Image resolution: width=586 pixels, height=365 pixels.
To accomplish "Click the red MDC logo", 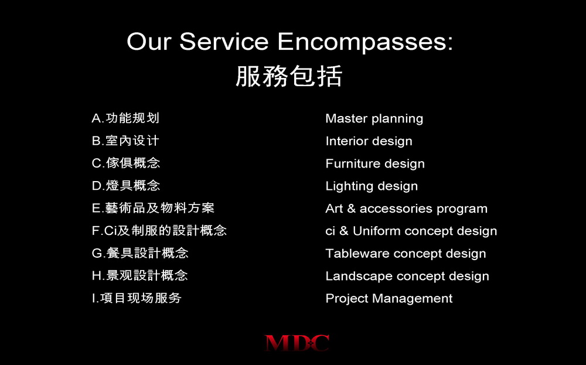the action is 297,343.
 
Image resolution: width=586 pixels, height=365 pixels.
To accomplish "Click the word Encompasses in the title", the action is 364,42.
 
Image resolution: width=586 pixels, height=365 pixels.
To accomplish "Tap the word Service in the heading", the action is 224,41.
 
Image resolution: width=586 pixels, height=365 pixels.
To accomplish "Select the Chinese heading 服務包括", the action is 289,76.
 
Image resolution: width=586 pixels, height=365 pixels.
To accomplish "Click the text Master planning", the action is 374,119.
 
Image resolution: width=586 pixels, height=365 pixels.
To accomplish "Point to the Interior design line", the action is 369,141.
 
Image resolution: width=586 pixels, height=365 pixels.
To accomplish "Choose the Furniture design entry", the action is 375,163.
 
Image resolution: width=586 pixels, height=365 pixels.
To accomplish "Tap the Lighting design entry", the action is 372,186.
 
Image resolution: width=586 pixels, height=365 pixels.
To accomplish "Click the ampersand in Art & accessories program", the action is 351,208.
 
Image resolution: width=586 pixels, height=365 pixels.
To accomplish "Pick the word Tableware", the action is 357,253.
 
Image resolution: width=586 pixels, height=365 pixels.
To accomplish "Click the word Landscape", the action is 359,277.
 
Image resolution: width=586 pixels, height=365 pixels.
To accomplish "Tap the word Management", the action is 412,299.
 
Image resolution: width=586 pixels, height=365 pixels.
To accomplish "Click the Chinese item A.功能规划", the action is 125,118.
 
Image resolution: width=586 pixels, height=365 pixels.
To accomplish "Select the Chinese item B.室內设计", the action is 125,141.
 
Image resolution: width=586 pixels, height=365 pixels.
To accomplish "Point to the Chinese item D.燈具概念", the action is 126,185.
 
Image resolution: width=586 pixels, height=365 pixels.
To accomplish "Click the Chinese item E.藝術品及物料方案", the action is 153,208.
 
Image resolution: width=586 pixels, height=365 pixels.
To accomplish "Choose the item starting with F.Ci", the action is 159,230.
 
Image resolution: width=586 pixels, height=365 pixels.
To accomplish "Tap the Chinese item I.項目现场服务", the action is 137,298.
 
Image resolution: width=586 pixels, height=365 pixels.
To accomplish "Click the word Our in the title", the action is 149,41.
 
